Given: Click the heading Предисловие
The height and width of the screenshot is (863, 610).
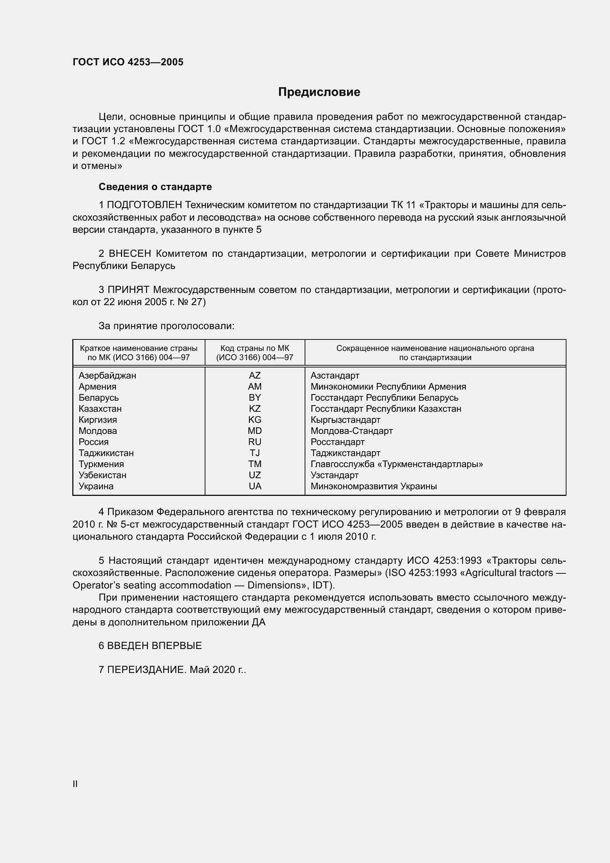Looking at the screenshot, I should (x=319, y=92).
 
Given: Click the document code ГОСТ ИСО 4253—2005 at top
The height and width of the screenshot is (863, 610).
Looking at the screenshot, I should (x=128, y=62).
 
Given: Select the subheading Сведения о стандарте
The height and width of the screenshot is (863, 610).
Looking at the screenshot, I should (x=155, y=187).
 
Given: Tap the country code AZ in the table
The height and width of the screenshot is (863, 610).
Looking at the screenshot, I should (x=255, y=375).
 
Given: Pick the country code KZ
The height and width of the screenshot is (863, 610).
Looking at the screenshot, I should (x=255, y=408).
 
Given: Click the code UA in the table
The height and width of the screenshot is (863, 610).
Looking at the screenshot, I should (x=255, y=486).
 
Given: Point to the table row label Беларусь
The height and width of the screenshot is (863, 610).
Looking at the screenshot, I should (x=98, y=397).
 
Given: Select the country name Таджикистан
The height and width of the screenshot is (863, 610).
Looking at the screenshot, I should (x=106, y=453).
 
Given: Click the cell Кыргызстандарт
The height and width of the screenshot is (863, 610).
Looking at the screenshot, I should (x=345, y=420).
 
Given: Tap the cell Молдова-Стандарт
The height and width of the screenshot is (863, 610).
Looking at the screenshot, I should (x=351, y=431).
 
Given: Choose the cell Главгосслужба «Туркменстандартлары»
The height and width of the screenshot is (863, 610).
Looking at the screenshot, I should (x=397, y=464).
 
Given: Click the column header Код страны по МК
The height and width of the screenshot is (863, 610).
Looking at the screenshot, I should (x=255, y=348).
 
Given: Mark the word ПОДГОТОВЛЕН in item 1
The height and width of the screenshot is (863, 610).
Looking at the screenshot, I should (x=145, y=205).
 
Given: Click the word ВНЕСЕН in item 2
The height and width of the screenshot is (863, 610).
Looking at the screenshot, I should (x=130, y=254).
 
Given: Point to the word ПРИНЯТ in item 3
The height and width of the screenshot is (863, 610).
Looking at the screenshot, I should (x=128, y=290).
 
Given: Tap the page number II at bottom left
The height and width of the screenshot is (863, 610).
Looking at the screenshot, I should (x=75, y=784).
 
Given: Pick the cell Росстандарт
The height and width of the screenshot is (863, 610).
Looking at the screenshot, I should (x=337, y=442).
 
